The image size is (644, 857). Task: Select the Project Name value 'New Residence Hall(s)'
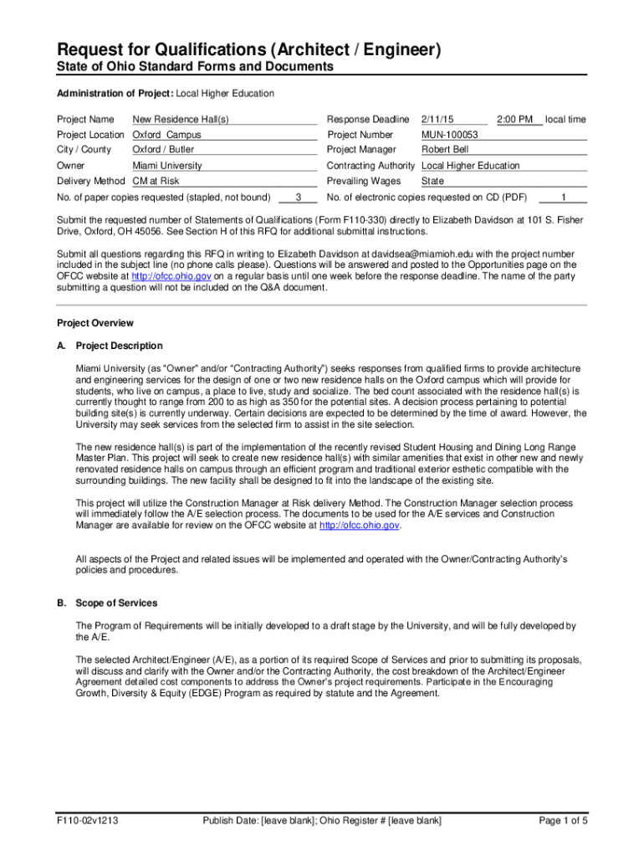(181, 120)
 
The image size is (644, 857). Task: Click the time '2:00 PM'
(515, 120)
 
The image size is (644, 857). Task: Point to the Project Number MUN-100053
(450, 135)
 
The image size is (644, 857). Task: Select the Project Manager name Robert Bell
(446, 150)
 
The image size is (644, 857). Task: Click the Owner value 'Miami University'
(167, 166)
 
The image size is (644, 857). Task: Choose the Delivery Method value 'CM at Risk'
(156, 181)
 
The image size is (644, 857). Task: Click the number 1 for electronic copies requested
(563, 198)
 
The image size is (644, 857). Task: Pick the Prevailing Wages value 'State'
(432, 181)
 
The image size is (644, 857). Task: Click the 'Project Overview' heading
(95, 323)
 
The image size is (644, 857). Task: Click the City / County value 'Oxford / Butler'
(164, 150)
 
